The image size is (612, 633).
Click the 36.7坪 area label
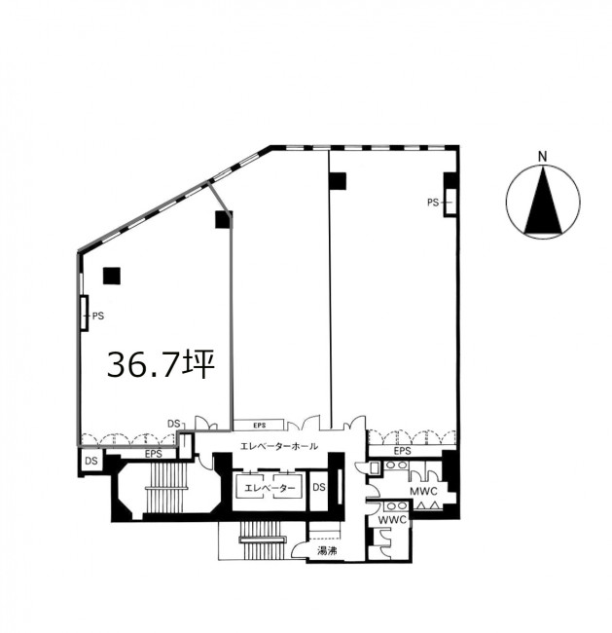[x=161, y=364]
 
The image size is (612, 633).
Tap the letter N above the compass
[x=543, y=157]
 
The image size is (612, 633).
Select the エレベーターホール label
[x=279, y=446]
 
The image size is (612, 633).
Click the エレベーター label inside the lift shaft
[x=270, y=488]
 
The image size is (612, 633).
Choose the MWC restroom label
[x=423, y=491]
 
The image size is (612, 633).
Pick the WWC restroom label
[x=392, y=520]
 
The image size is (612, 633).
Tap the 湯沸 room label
[x=327, y=550]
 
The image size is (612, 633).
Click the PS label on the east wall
[x=433, y=203]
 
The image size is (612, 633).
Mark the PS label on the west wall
[x=98, y=316]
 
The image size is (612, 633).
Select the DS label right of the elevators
[x=319, y=487]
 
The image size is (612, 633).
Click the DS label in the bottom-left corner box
[x=91, y=461]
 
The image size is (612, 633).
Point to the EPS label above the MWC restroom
[x=402, y=451]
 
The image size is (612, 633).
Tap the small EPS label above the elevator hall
[x=260, y=426]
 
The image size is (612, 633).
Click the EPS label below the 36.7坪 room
[x=154, y=454]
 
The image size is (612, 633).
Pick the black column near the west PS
[x=111, y=277]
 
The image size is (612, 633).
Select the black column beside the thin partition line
[x=338, y=181]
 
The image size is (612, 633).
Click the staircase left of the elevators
[x=166, y=488]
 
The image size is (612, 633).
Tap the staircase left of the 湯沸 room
[x=263, y=540]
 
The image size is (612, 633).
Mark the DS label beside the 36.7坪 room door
[x=174, y=424]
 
